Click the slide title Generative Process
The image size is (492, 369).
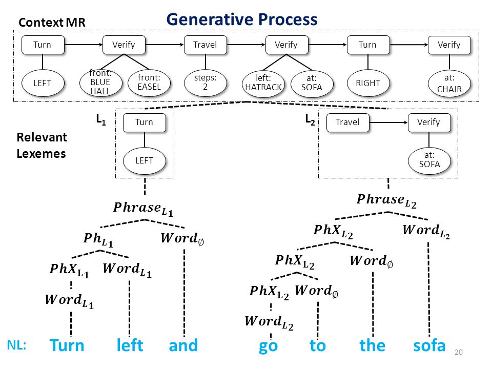(241, 19)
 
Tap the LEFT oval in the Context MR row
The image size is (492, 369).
(43, 83)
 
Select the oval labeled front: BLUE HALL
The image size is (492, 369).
(100, 83)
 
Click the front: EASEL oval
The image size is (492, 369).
(149, 83)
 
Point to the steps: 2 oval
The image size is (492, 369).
(205, 83)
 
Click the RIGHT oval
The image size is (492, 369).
(368, 84)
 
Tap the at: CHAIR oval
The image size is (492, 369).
(449, 84)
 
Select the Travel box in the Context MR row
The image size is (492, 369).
(205, 45)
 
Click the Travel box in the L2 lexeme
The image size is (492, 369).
(347, 122)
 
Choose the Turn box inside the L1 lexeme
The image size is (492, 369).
(145, 122)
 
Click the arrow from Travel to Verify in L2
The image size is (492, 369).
(388, 122)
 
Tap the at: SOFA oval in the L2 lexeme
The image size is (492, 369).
(429, 160)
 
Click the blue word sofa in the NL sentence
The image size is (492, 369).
(429, 346)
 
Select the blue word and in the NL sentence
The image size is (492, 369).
(183, 345)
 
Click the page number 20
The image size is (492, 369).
(458, 352)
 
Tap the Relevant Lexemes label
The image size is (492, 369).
(42, 146)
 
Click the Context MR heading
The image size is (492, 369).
(52, 22)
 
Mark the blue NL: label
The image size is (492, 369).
(16, 345)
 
